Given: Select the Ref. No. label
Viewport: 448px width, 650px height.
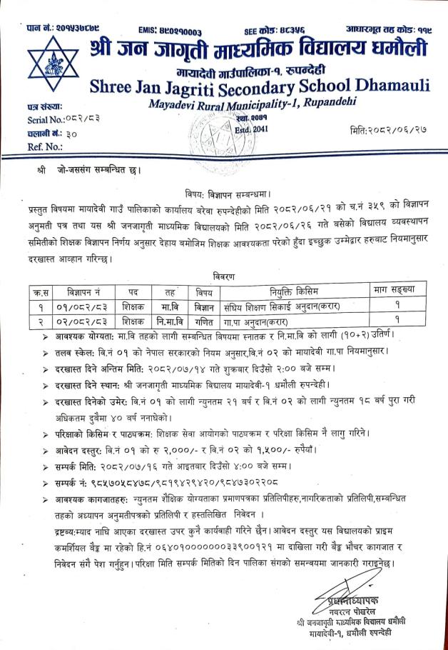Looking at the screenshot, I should [26, 146].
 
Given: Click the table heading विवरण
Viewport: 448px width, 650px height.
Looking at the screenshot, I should [223, 275].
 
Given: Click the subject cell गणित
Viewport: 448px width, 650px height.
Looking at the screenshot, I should [204, 321].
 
